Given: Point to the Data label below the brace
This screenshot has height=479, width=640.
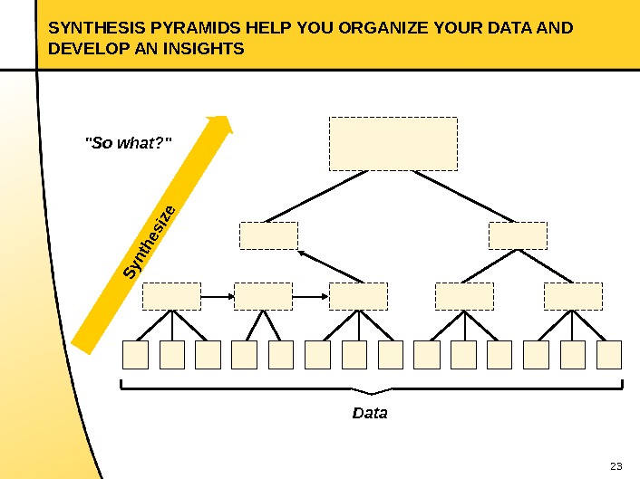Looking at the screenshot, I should (370, 413).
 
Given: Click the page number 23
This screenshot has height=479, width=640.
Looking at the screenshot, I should (616, 466).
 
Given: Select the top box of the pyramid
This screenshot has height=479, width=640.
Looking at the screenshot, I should (393, 143).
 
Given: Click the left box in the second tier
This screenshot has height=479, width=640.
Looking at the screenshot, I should (268, 235).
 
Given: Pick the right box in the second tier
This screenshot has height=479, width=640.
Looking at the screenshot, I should (518, 235).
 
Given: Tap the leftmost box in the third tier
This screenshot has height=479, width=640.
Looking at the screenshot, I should (171, 296).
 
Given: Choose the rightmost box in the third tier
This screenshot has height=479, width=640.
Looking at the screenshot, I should (573, 296).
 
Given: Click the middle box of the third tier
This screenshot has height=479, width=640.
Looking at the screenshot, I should (358, 296).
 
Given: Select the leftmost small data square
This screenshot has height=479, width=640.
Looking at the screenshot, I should (135, 355).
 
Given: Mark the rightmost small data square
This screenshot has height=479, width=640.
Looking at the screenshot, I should (609, 355).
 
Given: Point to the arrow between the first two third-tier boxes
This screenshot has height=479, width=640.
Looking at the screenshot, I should (217, 296).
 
